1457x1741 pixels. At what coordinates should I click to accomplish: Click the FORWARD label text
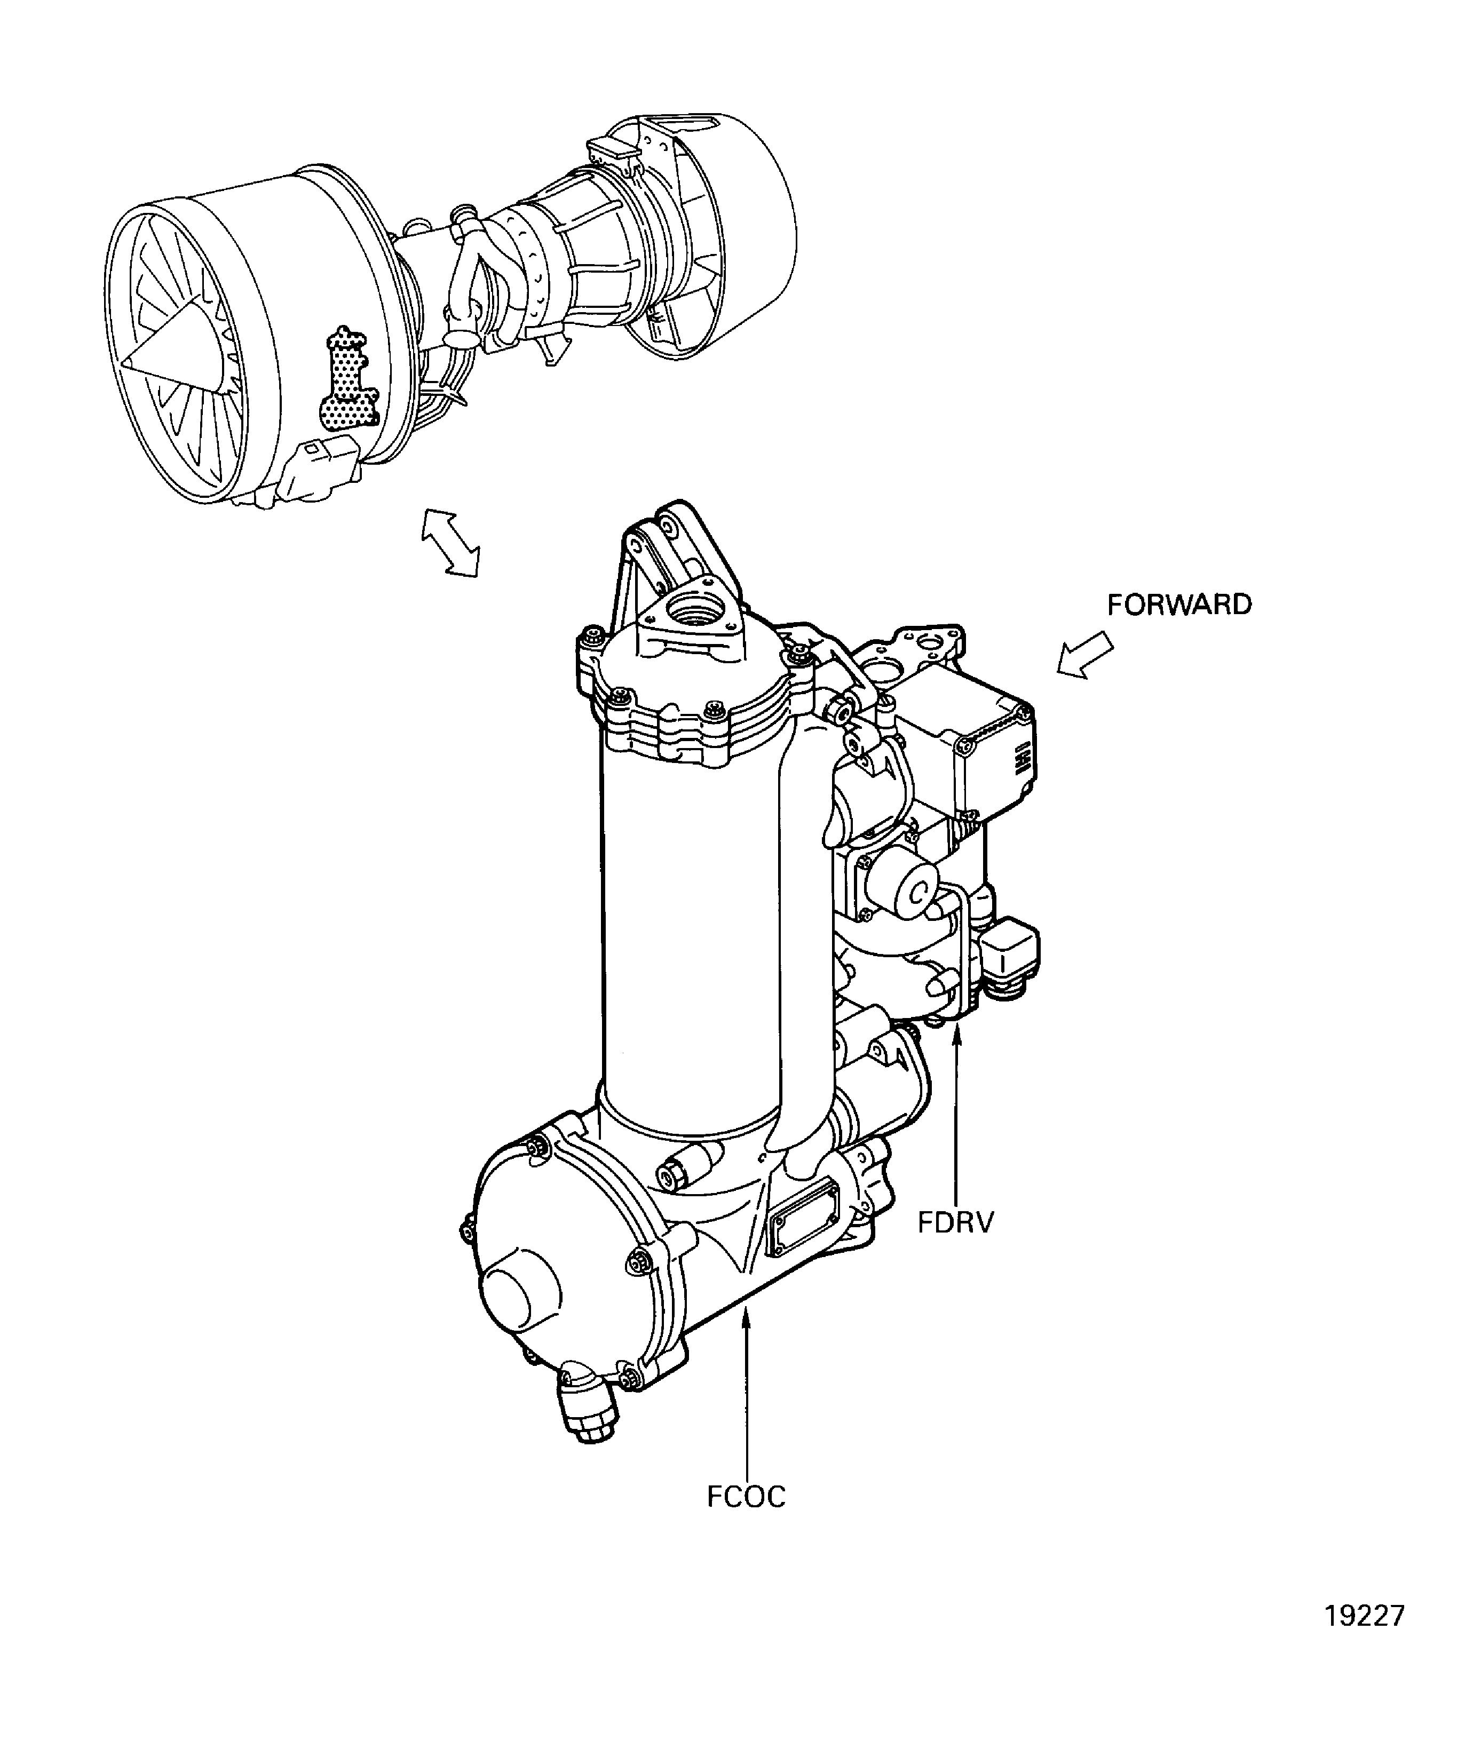[1179, 605]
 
